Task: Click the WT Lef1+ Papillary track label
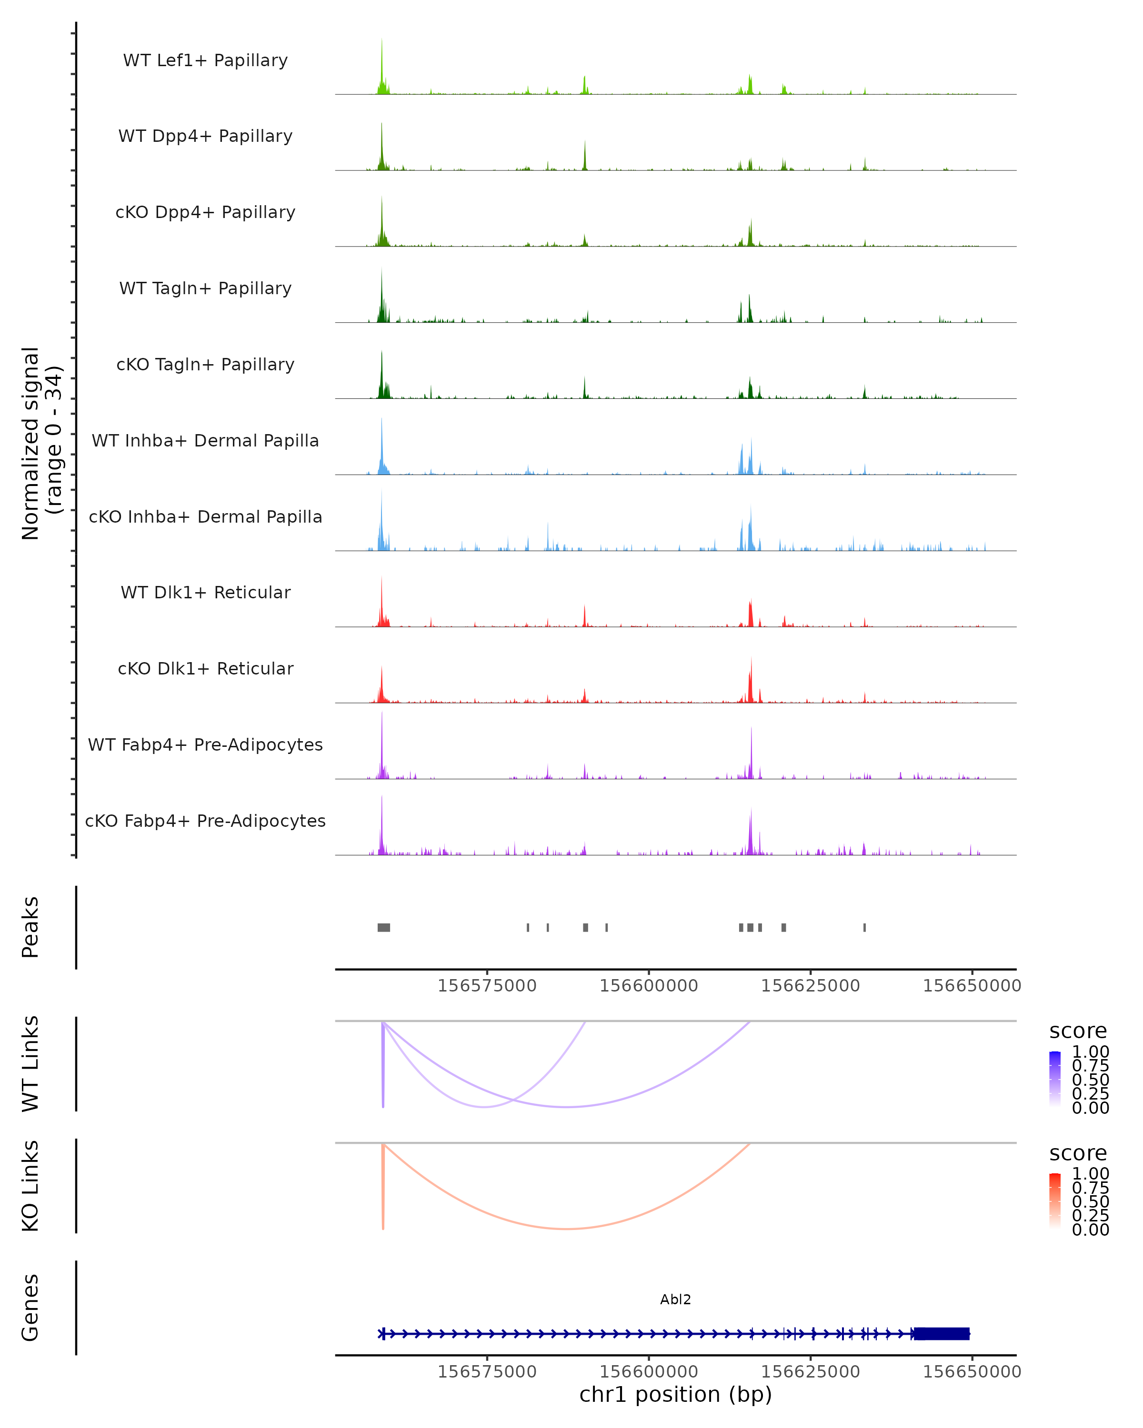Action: [205, 60]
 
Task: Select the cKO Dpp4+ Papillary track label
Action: [205, 212]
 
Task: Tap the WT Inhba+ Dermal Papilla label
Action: [205, 440]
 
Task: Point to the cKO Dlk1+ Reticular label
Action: [205, 668]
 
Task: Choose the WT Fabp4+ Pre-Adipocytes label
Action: [205, 744]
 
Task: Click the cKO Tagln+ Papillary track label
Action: [205, 364]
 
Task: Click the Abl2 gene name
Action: [675, 1299]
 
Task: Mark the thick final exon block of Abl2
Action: [942, 1334]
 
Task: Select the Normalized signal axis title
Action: [41, 443]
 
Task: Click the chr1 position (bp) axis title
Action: [675, 1394]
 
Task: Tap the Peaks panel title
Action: [30, 927]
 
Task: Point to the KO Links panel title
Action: [30, 1186]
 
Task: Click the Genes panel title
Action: [30, 1308]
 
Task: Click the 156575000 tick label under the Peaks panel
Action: [487, 986]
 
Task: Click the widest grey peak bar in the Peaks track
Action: [384, 927]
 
